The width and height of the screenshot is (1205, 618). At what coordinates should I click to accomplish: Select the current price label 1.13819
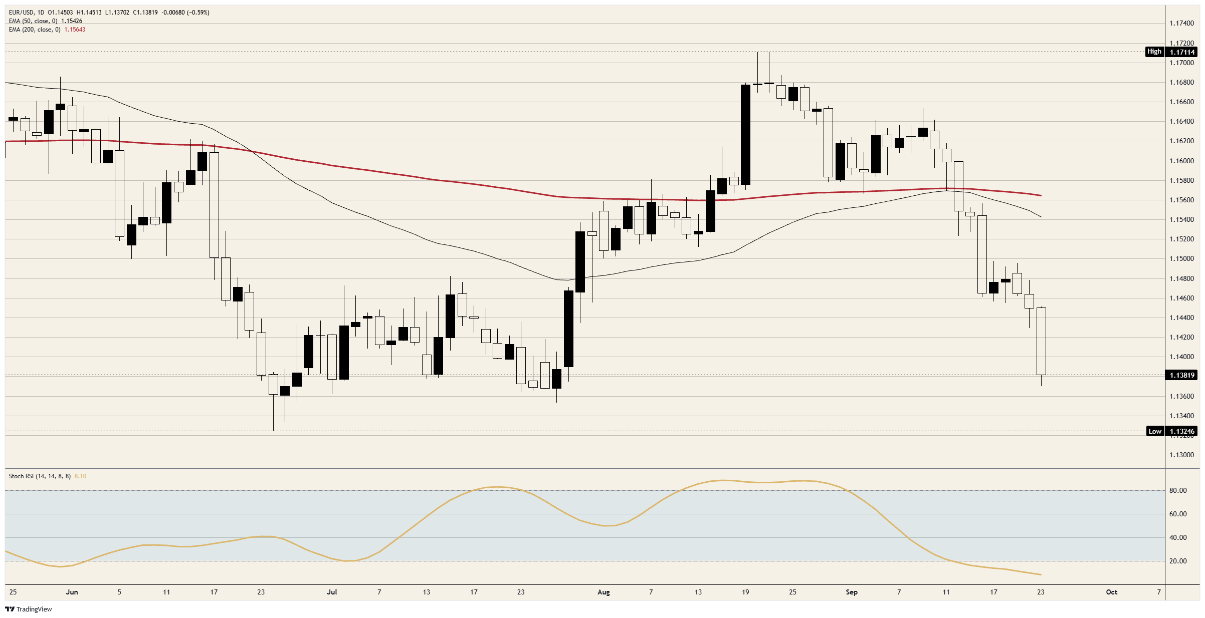tap(1182, 375)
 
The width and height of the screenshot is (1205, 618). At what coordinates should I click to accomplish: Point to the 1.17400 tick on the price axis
tap(1182, 23)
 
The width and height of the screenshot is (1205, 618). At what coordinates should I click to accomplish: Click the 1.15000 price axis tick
tap(1182, 258)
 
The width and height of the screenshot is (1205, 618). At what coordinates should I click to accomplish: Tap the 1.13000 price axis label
tap(1182, 455)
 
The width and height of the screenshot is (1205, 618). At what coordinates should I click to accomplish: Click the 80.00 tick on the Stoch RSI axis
tap(1178, 490)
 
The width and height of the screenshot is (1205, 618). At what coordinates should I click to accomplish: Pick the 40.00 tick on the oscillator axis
tap(1178, 537)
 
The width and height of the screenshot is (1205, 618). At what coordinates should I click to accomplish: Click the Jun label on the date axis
tap(72, 592)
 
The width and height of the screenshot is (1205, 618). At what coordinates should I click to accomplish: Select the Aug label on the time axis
tap(604, 592)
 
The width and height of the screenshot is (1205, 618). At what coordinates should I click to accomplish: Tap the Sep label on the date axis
tap(852, 592)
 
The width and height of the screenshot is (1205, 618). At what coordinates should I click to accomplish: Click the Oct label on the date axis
tap(1112, 592)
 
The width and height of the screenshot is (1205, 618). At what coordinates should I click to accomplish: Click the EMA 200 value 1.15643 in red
tap(75, 30)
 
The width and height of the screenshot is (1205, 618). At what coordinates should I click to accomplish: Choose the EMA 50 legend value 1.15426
tap(72, 21)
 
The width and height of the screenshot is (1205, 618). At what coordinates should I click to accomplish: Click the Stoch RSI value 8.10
tap(80, 476)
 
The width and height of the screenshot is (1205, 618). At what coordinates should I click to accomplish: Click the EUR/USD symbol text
tap(21, 13)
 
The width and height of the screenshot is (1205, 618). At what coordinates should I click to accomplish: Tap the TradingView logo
tap(29, 609)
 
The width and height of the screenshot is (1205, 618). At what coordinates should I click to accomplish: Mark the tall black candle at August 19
tap(745, 135)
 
